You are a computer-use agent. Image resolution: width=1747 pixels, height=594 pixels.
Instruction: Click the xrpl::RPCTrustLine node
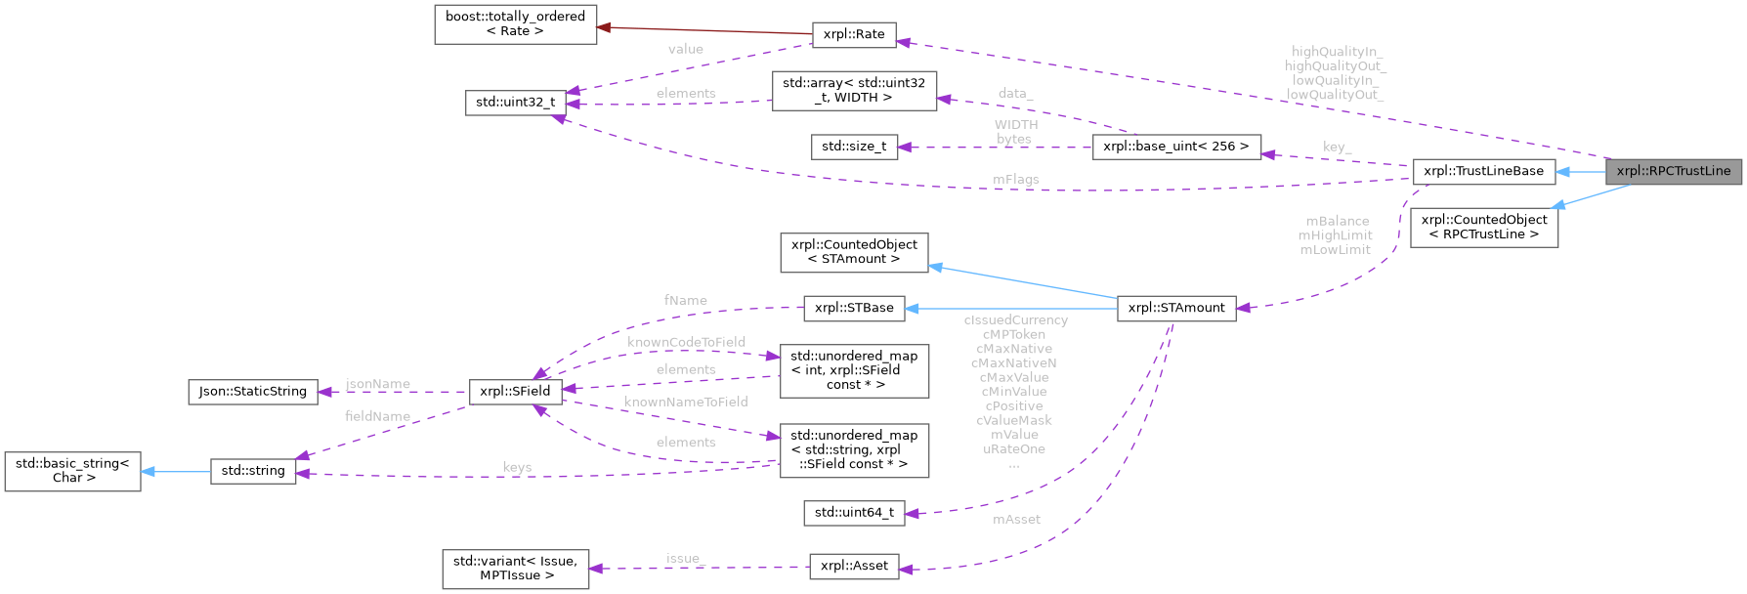tap(1673, 171)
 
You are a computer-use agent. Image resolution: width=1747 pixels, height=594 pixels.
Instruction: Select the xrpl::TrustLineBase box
tap(1483, 171)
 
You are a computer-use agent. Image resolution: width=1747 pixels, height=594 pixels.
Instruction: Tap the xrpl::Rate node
tap(854, 34)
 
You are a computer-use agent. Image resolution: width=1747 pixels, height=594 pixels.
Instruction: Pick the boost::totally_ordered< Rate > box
tap(515, 23)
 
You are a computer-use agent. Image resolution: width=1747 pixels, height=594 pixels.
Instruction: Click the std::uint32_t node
tap(515, 102)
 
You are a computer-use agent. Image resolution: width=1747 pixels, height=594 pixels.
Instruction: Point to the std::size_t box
tap(854, 147)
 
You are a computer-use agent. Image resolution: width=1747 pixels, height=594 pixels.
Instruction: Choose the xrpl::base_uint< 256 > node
tap(1175, 147)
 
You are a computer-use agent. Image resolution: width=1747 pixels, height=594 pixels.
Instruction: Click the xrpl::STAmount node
tap(1175, 308)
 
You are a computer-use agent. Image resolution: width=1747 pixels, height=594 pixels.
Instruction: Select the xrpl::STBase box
tap(854, 308)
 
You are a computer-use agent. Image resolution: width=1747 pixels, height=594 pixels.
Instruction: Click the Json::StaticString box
tap(253, 391)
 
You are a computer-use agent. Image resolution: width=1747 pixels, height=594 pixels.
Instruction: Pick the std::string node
tap(253, 471)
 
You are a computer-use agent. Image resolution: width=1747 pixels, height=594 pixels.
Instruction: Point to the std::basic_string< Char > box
tap(73, 471)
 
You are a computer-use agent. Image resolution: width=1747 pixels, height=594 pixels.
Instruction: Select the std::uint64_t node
tap(854, 513)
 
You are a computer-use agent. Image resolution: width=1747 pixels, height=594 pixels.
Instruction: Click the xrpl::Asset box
tap(854, 566)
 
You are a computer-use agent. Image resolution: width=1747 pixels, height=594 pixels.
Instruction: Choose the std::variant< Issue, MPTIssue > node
tap(515, 569)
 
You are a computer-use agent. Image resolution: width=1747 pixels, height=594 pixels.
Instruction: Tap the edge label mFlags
tap(1015, 180)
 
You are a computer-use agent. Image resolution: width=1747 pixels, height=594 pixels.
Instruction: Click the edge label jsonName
tap(378, 384)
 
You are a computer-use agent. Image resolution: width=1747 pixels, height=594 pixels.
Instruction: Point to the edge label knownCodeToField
tap(686, 342)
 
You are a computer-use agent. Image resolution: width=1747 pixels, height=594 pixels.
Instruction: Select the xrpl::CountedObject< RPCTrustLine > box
tap(1483, 227)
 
